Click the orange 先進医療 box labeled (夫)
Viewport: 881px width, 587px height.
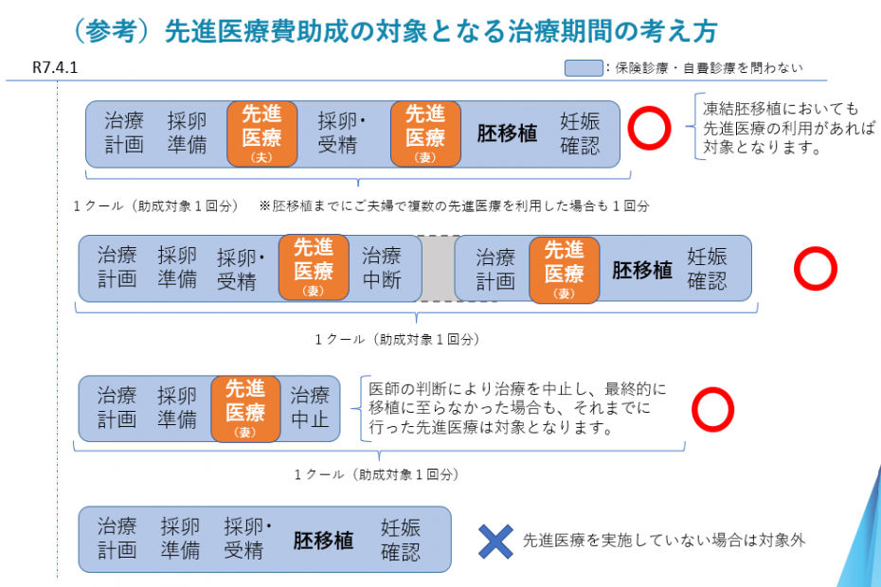pos(261,133)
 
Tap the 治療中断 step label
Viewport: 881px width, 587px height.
pos(382,268)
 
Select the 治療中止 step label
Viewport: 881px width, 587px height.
pos(310,407)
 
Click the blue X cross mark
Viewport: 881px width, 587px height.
pos(494,541)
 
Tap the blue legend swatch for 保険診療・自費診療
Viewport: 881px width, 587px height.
pos(584,68)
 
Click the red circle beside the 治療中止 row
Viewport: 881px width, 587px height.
pos(712,408)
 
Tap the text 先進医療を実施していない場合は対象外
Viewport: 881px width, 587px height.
pos(664,541)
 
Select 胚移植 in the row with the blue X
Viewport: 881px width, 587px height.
pos(322,540)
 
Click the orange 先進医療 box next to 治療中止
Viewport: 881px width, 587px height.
pos(245,408)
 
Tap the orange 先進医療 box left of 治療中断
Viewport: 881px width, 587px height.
pos(313,267)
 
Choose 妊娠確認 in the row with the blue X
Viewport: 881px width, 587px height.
pos(401,540)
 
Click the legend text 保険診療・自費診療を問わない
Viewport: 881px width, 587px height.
pos(710,68)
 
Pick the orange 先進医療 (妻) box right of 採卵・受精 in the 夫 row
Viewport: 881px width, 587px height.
pos(425,133)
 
